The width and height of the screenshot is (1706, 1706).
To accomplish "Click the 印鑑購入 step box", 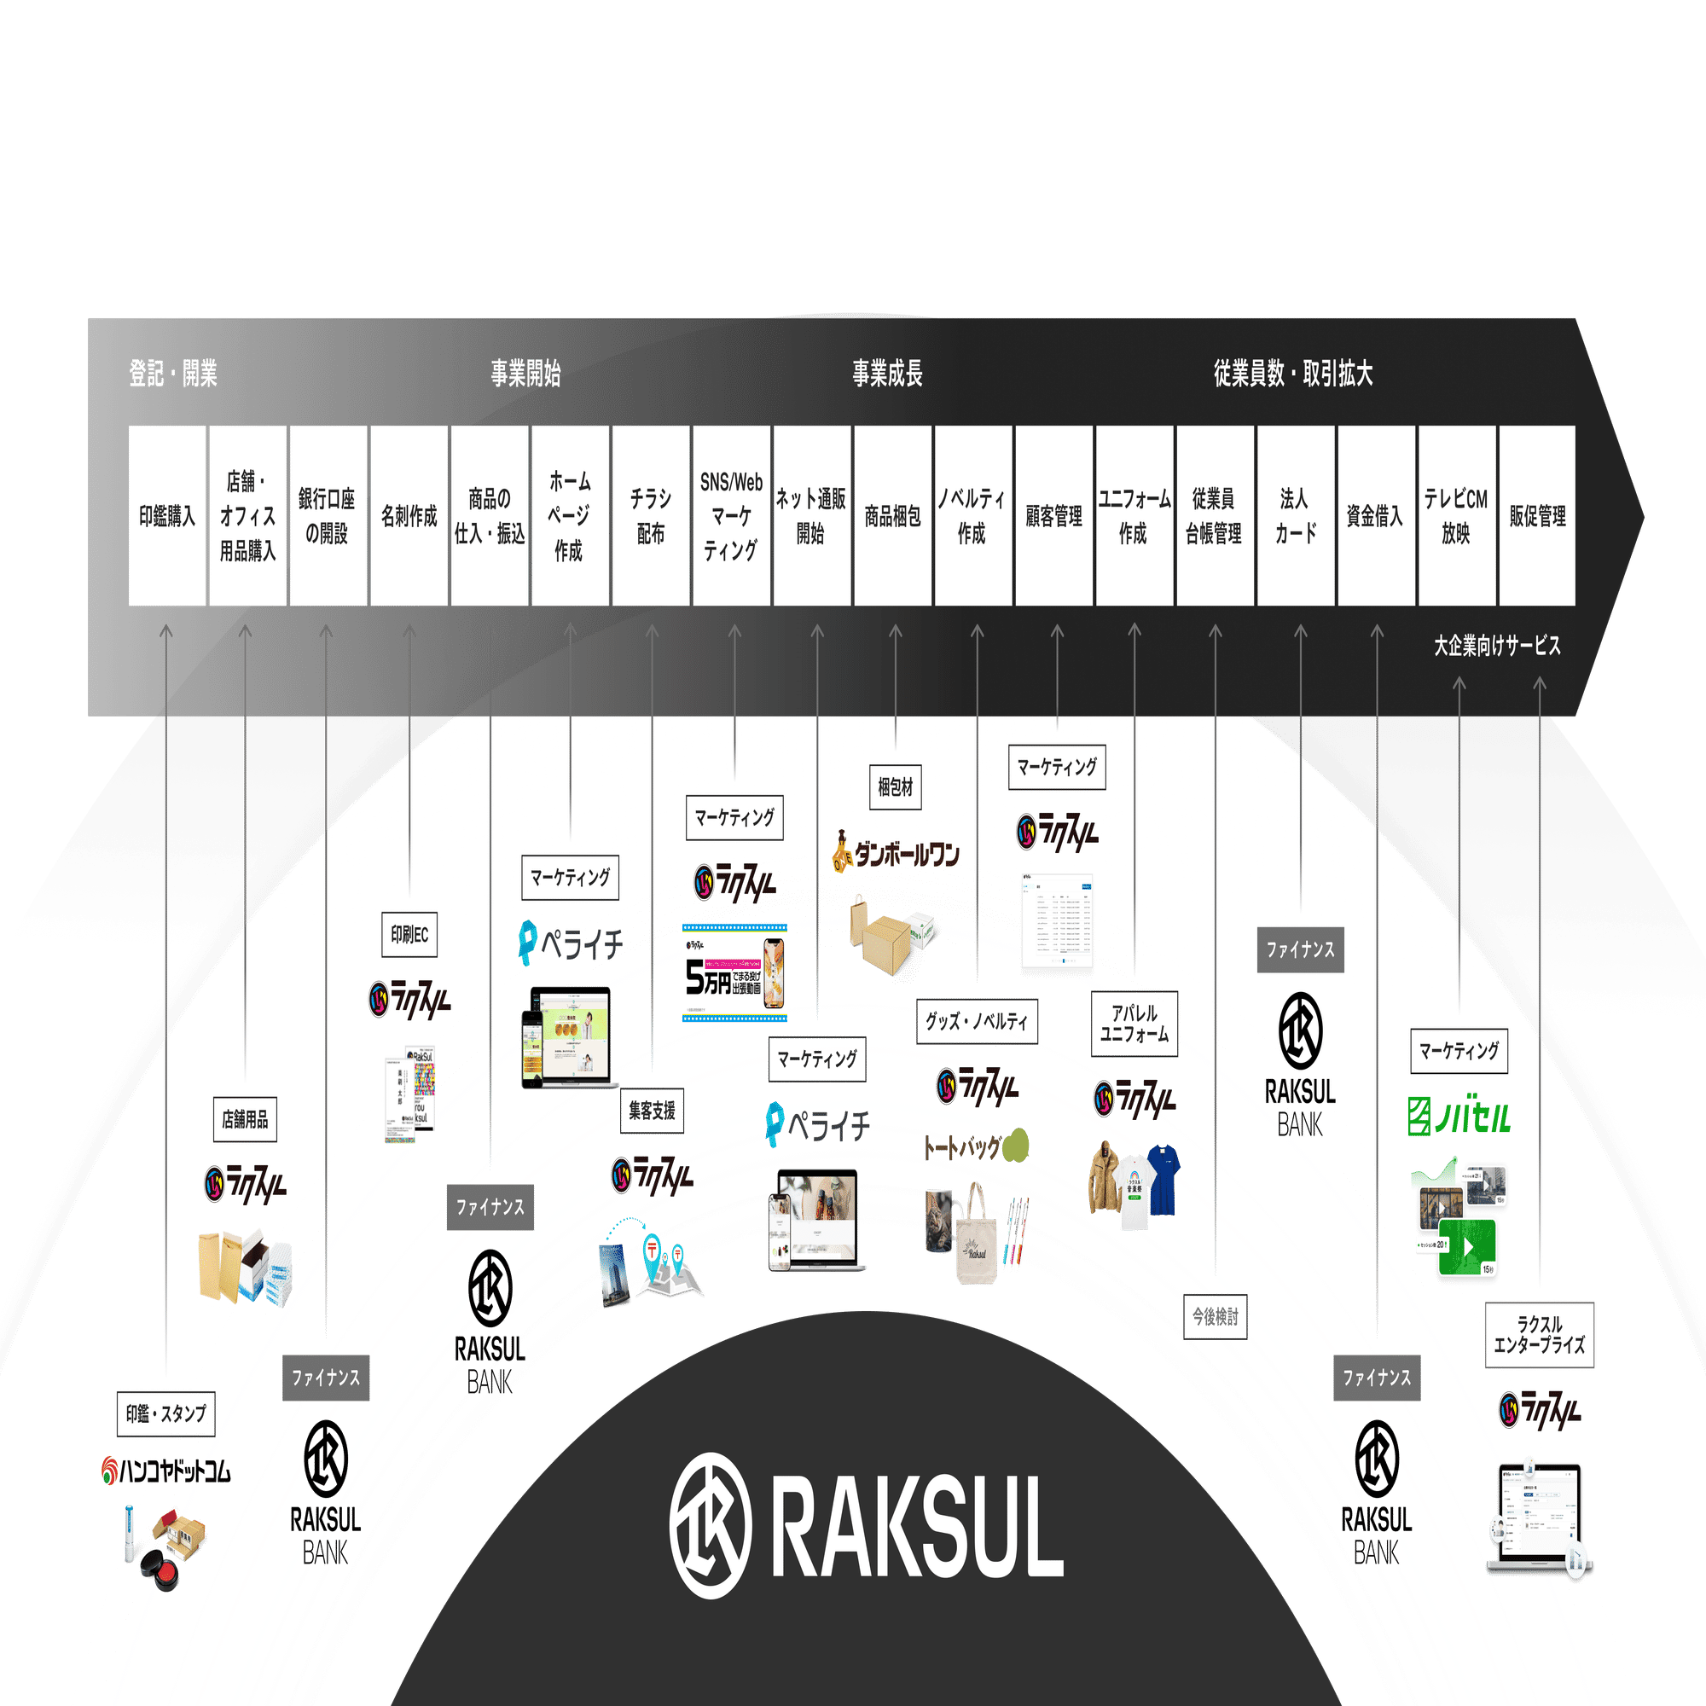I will point(167,516).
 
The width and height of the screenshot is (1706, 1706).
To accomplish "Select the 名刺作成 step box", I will point(409,516).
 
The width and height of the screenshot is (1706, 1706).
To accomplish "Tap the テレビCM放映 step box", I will point(1456,516).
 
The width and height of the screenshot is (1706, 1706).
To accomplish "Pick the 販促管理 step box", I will point(1537,516).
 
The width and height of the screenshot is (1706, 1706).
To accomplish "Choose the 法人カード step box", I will point(1296,516).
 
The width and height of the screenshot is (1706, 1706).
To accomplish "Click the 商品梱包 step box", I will point(893,516).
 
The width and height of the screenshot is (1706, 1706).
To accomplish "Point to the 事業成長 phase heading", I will point(886,374).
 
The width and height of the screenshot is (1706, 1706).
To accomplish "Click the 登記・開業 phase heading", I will point(173,374).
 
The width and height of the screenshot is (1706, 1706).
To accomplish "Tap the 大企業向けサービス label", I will point(1497,647).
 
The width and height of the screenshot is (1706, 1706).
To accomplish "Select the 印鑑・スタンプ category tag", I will point(166,1413).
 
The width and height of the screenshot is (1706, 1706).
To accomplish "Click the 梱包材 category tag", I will point(896,786).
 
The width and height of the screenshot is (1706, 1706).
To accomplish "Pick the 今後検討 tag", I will point(1215,1316).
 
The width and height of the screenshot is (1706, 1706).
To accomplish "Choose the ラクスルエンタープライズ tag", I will point(1539,1335).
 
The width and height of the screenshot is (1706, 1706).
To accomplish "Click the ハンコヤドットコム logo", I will point(166,1471).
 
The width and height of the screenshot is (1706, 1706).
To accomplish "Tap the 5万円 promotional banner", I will point(734,972).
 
